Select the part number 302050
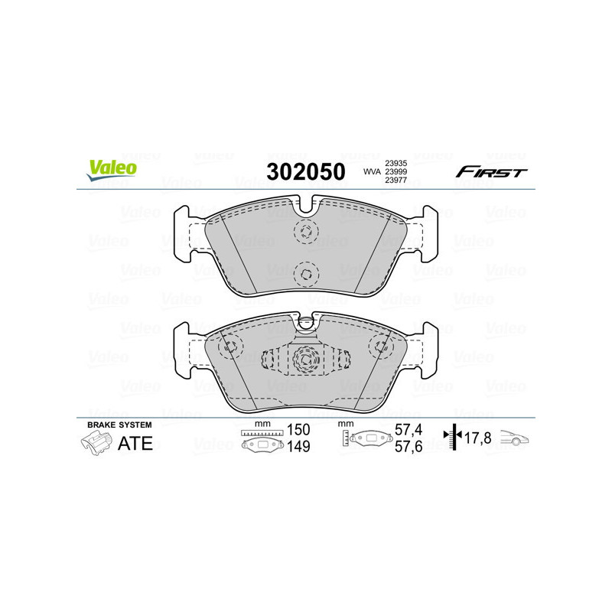pyautogui.click(x=304, y=171)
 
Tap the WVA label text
pyautogui.click(x=371, y=171)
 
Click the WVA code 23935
pyautogui.click(x=396, y=162)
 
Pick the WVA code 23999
pyautogui.click(x=396, y=171)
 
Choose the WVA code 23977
pyautogui.click(x=396, y=181)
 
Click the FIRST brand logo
pyautogui.click(x=491, y=172)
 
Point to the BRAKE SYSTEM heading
pyautogui.click(x=119, y=425)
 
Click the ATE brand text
pyautogui.click(x=135, y=444)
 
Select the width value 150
pyautogui.click(x=298, y=430)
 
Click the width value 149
pyautogui.click(x=298, y=447)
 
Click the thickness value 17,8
pyautogui.click(x=480, y=438)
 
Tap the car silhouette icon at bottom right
pyautogui.click(x=515, y=438)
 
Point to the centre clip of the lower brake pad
pyautogui.click(x=305, y=359)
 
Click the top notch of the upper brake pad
pyautogui.click(x=305, y=204)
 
